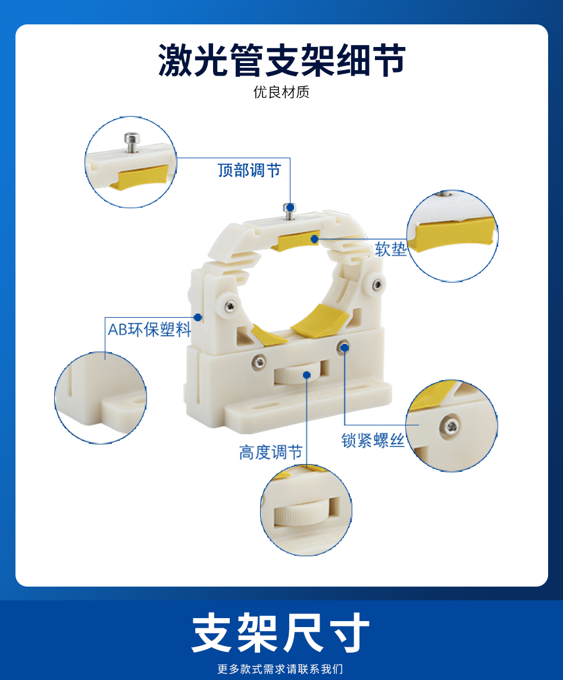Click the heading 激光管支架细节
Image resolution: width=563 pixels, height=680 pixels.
(x=281, y=60)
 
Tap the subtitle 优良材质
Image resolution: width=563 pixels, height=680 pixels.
(x=281, y=92)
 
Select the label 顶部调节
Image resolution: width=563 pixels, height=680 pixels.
(x=249, y=170)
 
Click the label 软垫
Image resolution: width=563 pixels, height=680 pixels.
(x=391, y=249)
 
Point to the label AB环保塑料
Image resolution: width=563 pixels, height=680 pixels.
(x=149, y=330)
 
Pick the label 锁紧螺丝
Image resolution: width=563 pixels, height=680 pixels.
(x=373, y=440)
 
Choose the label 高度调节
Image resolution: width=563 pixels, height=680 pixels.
(x=271, y=452)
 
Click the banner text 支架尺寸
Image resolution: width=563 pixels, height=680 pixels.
(x=281, y=633)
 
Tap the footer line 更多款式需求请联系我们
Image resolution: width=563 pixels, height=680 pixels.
(x=280, y=669)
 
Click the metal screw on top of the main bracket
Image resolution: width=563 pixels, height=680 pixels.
(x=289, y=211)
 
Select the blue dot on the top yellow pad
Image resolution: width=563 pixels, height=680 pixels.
(x=314, y=239)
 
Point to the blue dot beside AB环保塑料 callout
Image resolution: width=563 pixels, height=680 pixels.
(x=198, y=318)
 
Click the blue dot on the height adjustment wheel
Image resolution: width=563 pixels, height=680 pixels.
(x=306, y=375)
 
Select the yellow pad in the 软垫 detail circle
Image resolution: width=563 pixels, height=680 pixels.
(x=453, y=234)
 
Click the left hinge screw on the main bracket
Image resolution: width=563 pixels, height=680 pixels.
(x=231, y=306)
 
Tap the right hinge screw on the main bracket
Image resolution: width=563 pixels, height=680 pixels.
(x=379, y=284)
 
